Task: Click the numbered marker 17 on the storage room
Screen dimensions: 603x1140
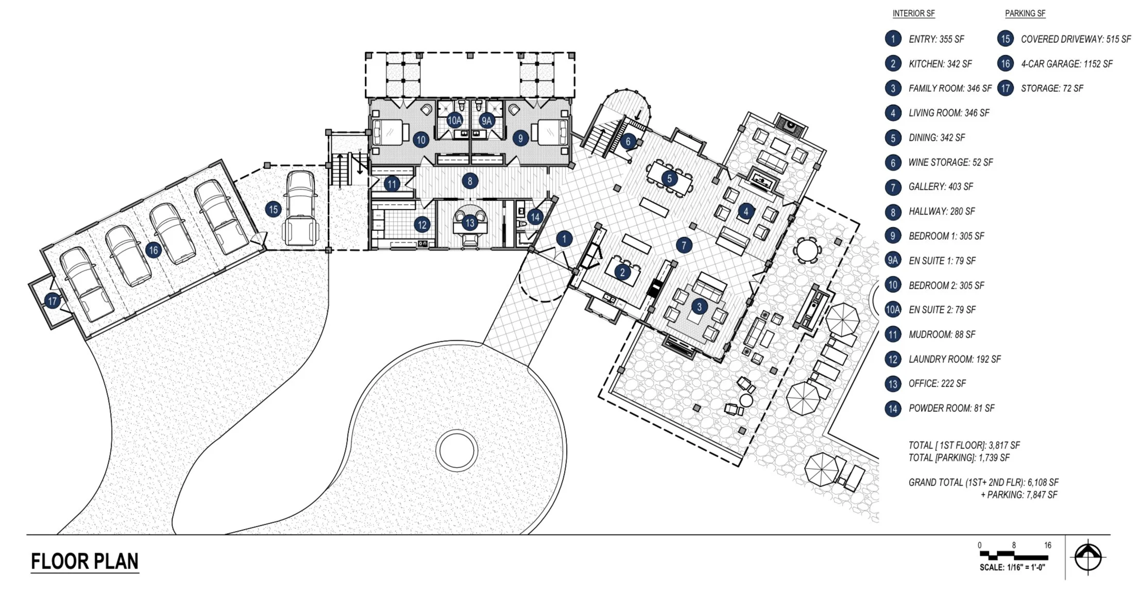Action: point(52,300)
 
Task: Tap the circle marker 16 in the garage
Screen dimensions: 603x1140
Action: point(153,250)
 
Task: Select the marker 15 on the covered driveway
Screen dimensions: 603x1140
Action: point(273,209)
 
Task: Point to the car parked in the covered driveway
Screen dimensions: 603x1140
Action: point(301,208)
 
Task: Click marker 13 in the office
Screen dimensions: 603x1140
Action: point(469,223)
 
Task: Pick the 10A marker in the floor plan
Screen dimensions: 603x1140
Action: point(454,121)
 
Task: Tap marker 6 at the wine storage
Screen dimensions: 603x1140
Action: point(627,141)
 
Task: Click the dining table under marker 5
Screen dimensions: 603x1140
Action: point(670,178)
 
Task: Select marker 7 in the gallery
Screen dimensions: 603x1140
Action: point(684,245)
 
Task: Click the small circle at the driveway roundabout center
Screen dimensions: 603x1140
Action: point(455,450)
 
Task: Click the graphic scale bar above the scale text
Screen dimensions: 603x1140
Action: point(1013,556)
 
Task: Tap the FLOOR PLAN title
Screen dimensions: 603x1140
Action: point(84,561)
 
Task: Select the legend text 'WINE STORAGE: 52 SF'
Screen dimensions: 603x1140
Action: point(950,162)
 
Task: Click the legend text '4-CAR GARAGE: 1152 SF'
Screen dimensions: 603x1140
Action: point(1066,64)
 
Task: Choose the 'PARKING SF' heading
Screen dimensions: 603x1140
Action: point(1025,13)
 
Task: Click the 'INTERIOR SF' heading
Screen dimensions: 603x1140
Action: point(913,13)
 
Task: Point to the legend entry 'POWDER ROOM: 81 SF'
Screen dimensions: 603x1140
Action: point(951,408)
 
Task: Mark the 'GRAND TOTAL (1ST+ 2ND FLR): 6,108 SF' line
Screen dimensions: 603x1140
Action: point(983,482)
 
